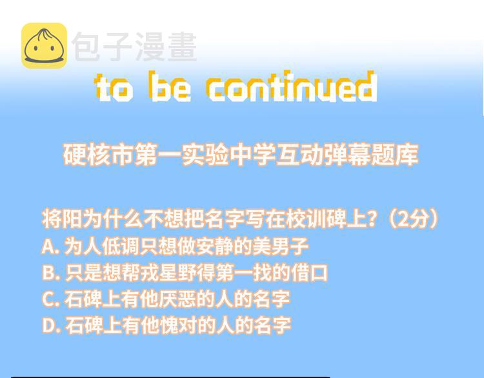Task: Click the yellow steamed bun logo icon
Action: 44,46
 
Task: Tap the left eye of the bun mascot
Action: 35,48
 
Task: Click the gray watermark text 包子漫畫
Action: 134,46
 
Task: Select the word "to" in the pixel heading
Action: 114,88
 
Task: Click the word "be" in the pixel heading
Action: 170,86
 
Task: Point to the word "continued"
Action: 292,86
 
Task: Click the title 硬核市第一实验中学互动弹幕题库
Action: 241,154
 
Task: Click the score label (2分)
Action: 413,219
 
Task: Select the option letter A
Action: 48,246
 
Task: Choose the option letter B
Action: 48,273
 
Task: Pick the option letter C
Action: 48,299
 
